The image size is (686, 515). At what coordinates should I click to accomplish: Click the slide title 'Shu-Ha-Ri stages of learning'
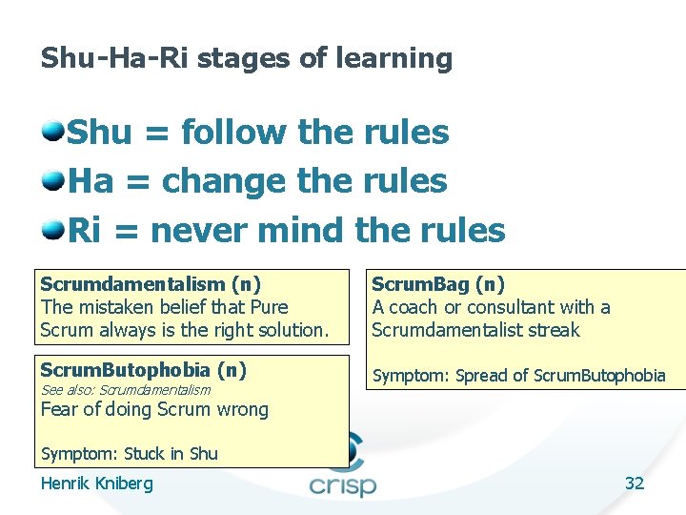pos(246,58)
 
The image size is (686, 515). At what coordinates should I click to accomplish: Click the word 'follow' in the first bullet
pos(233,132)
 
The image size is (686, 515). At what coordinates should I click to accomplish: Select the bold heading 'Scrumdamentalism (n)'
pos(151,283)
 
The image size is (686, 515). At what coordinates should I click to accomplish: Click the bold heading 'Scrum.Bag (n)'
pos(438,283)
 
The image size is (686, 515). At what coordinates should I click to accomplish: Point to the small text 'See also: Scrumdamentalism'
pos(125,389)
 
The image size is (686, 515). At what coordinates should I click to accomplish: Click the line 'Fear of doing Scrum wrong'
pos(154,409)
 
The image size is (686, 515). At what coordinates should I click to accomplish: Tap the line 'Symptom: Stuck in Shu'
pos(129,454)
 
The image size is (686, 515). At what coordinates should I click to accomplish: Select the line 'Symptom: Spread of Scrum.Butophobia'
pos(518,375)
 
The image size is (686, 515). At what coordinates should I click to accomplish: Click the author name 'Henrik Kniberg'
pos(96,484)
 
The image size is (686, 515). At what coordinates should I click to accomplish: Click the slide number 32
pos(635,484)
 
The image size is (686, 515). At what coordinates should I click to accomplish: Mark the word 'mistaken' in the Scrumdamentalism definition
pos(111,307)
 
